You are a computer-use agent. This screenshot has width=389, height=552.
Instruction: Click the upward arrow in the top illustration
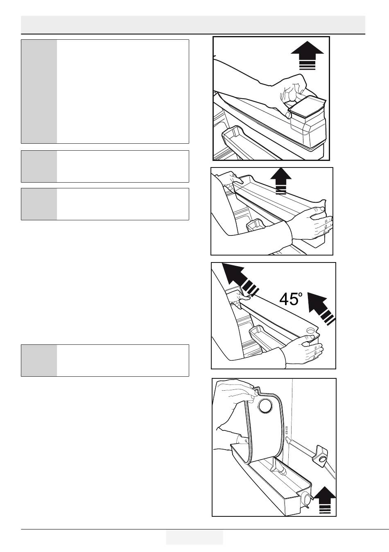pos(307,55)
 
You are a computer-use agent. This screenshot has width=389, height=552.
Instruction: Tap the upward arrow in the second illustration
pos(281,181)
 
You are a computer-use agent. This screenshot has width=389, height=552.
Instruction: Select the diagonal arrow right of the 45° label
pos(321,308)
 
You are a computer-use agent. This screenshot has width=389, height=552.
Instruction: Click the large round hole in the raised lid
pos(266,406)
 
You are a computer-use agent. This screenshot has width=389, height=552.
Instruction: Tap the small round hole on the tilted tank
pos(310,330)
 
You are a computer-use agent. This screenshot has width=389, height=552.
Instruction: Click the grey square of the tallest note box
pos(39,91)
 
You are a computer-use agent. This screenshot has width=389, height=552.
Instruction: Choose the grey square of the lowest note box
pos(39,360)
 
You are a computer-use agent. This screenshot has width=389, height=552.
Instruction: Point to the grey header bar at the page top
pos(193,25)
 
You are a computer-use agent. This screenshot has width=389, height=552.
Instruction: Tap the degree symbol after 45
pos(300,294)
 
